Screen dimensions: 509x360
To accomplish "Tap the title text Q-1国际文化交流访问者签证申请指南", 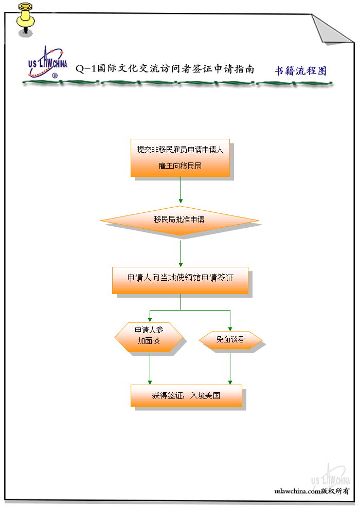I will click(165, 69).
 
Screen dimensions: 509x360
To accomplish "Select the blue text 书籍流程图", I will click(300, 71).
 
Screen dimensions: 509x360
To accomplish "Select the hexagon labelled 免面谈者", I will click(230, 339).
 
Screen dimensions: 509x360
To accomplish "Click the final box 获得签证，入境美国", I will click(186, 395).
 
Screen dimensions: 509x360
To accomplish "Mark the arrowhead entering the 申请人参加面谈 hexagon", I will click(150, 319).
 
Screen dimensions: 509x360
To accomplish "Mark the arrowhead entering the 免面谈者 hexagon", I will click(230, 329).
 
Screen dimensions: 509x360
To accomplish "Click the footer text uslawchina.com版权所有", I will click(312, 491).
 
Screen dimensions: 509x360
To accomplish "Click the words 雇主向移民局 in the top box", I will click(180, 166).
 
